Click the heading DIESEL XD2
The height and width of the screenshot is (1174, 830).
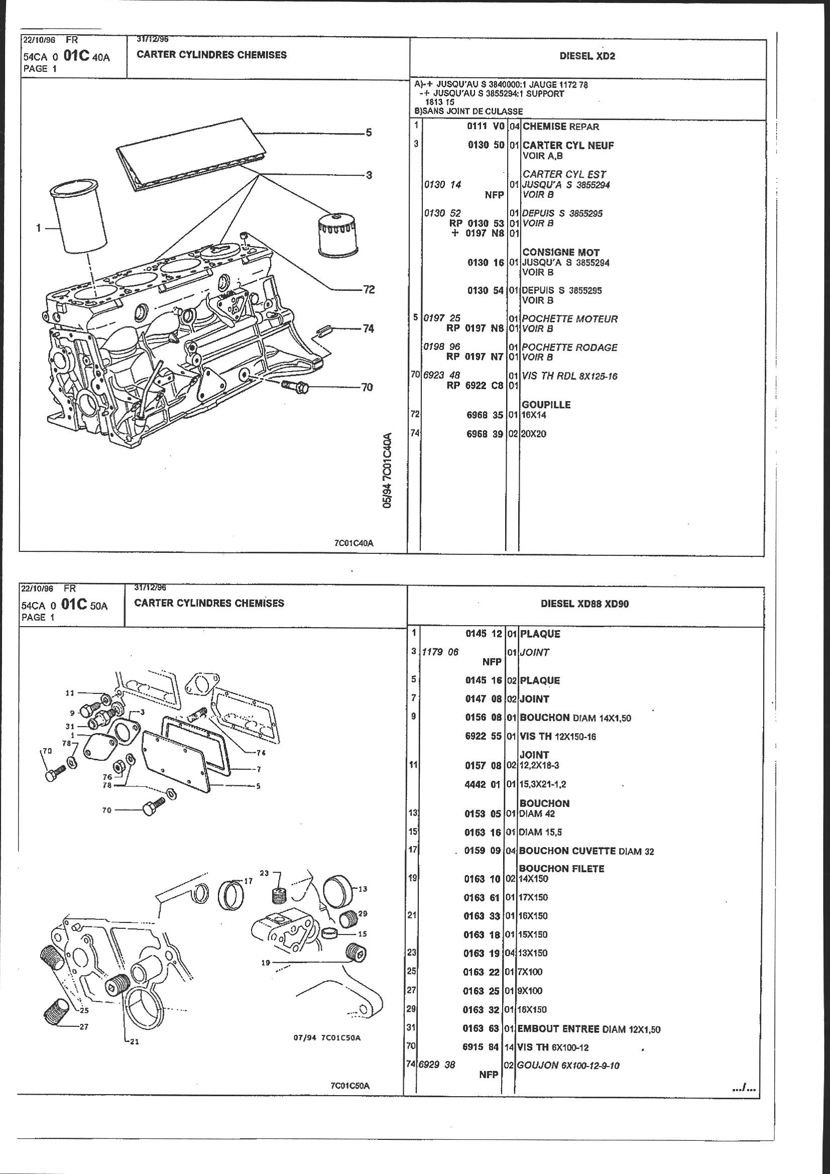coord(587,56)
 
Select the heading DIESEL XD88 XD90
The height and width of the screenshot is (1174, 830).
coord(584,604)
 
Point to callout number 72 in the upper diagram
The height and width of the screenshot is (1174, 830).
coord(369,290)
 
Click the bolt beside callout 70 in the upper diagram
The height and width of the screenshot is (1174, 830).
coord(295,386)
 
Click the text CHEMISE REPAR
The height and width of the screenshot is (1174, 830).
coord(560,127)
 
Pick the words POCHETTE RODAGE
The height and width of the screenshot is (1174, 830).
coord(570,347)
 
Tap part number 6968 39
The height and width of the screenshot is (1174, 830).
coord(485,434)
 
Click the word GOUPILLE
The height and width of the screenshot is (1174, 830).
coord(546,404)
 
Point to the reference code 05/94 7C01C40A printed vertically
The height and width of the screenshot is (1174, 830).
coord(388,471)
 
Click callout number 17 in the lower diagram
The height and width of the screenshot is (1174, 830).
coord(249,881)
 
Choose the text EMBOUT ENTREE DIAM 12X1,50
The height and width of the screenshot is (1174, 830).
coord(588,1029)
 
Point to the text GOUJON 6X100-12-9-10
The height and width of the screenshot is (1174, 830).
coord(568,1066)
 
